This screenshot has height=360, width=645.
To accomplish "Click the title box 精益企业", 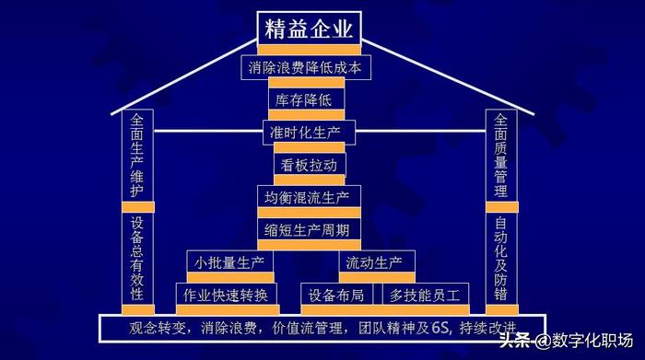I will pyautogui.click(x=308, y=28).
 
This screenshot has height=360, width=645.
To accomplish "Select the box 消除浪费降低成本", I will pyautogui.click(x=308, y=67).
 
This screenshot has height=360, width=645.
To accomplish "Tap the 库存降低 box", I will pyautogui.click(x=309, y=99).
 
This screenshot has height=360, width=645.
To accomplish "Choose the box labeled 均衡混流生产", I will pyautogui.click(x=308, y=197).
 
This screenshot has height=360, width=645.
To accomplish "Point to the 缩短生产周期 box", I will pyautogui.click(x=308, y=229).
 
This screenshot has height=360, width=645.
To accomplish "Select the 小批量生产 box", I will pyautogui.click(x=229, y=263).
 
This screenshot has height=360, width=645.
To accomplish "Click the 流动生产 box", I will pyautogui.click(x=374, y=263).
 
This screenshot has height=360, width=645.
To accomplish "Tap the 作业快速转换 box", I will pyautogui.click(x=227, y=295).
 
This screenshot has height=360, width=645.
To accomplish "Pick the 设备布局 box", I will pyautogui.click(x=336, y=295).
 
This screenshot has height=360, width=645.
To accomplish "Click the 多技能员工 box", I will pyautogui.click(x=424, y=295).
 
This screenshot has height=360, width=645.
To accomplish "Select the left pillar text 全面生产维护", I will pyautogui.click(x=137, y=156).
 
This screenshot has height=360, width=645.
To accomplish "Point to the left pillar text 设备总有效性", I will pyautogui.click(x=137, y=259).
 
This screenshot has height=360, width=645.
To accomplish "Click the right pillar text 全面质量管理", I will pyautogui.click(x=500, y=156).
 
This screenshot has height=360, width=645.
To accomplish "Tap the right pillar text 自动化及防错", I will pyautogui.click(x=500, y=259).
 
